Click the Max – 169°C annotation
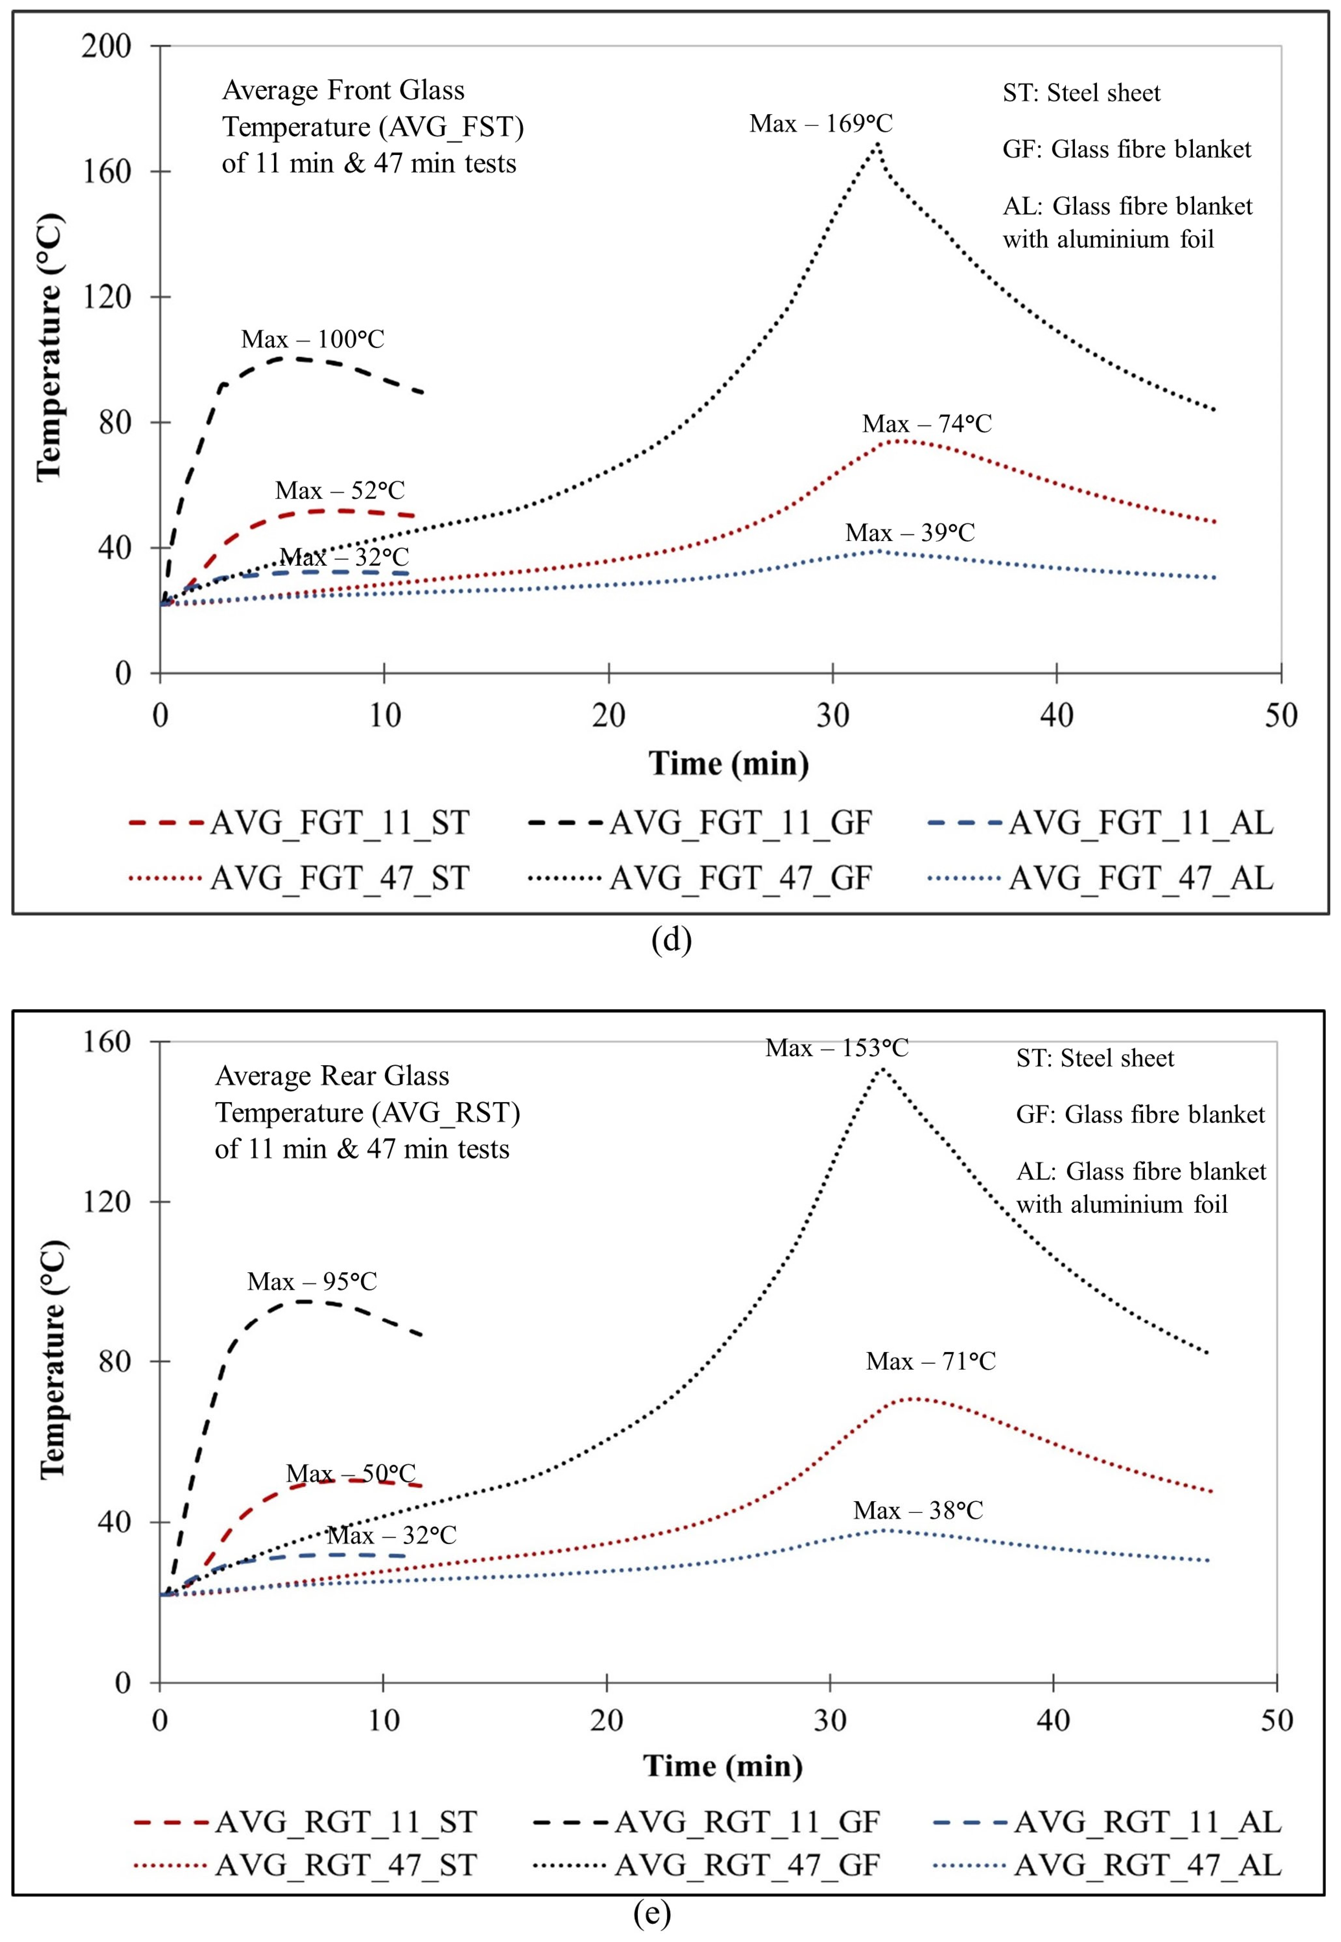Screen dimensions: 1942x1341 click(821, 124)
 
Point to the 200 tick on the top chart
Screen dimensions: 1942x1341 click(107, 46)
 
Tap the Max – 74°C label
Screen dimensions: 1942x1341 click(927, 423)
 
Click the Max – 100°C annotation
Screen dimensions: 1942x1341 click(313, 340)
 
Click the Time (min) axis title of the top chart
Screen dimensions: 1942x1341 click(728, 764)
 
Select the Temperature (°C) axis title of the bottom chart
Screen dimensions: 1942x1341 click(52, 1359)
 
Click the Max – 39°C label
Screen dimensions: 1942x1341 click(910, 533)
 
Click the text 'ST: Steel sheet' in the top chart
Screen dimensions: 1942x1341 click(1081, 93)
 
